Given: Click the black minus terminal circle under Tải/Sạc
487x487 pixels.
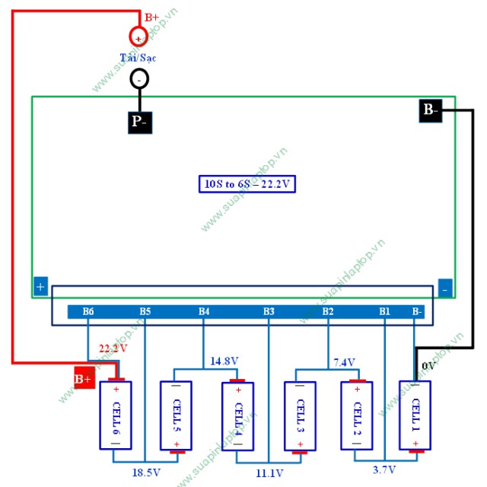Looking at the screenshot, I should [138, 78].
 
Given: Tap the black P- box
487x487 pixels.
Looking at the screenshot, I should [139, 122].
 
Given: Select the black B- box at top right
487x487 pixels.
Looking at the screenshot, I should [430, 110].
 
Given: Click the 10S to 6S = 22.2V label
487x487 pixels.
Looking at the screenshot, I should [247, 183].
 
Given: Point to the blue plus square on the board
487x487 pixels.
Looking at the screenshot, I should [40, 288].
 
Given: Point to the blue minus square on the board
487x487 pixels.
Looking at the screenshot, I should [446, 288].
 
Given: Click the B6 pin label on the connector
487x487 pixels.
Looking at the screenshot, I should [88, 311].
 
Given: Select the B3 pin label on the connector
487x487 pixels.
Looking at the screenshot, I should [269, 311].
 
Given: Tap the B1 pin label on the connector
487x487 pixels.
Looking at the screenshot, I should [384, 311].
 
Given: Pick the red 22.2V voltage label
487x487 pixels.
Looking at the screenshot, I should [113, 349].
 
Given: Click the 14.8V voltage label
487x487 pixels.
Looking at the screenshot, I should [224, 361].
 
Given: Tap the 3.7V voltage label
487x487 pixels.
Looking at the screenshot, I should [384, 469].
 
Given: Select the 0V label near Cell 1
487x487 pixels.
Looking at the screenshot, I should [428, 366].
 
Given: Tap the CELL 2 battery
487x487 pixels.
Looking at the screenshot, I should [356, 415].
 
